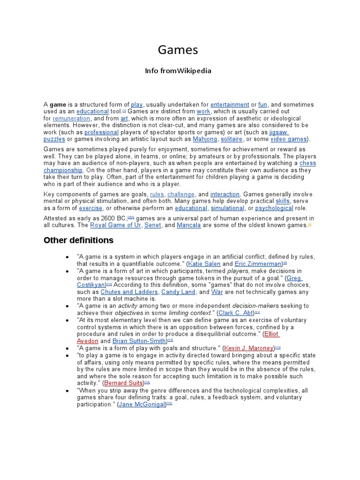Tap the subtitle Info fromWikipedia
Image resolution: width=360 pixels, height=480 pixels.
178,71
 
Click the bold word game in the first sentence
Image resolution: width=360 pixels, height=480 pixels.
58,105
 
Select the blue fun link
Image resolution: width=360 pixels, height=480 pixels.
262,105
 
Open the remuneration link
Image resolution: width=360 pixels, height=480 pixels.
72,119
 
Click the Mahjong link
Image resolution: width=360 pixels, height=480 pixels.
205,139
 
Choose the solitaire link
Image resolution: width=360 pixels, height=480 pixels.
232,139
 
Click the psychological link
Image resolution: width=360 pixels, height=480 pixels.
274,208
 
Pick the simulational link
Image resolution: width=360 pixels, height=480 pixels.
227,208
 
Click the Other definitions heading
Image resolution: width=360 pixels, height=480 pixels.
78,240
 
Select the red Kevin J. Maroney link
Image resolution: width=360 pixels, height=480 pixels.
249,348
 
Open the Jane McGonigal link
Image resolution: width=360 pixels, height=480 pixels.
142,404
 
